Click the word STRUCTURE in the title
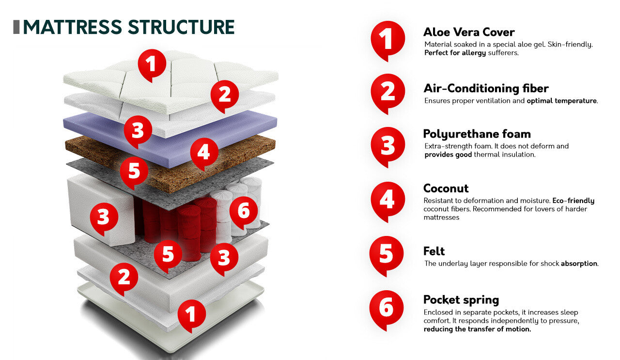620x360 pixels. [x=181, y=27]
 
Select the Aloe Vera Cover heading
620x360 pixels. [x=469, y=32]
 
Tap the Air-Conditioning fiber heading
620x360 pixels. [x=486, y=89]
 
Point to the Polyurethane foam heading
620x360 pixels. [x=477, y=134]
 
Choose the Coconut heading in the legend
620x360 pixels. [x=446, y=188]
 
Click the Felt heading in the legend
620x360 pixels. [x=434, y=251]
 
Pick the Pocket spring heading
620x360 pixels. [x=461, y=300]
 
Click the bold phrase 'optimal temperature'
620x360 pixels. [x=561, y=101]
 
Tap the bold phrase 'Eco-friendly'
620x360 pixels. [x=573, y=201]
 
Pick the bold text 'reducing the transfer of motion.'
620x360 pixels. [x=477, y=329]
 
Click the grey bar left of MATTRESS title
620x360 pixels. [x=16, y=27]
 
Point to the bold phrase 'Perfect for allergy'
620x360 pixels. [x=455, y=53]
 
